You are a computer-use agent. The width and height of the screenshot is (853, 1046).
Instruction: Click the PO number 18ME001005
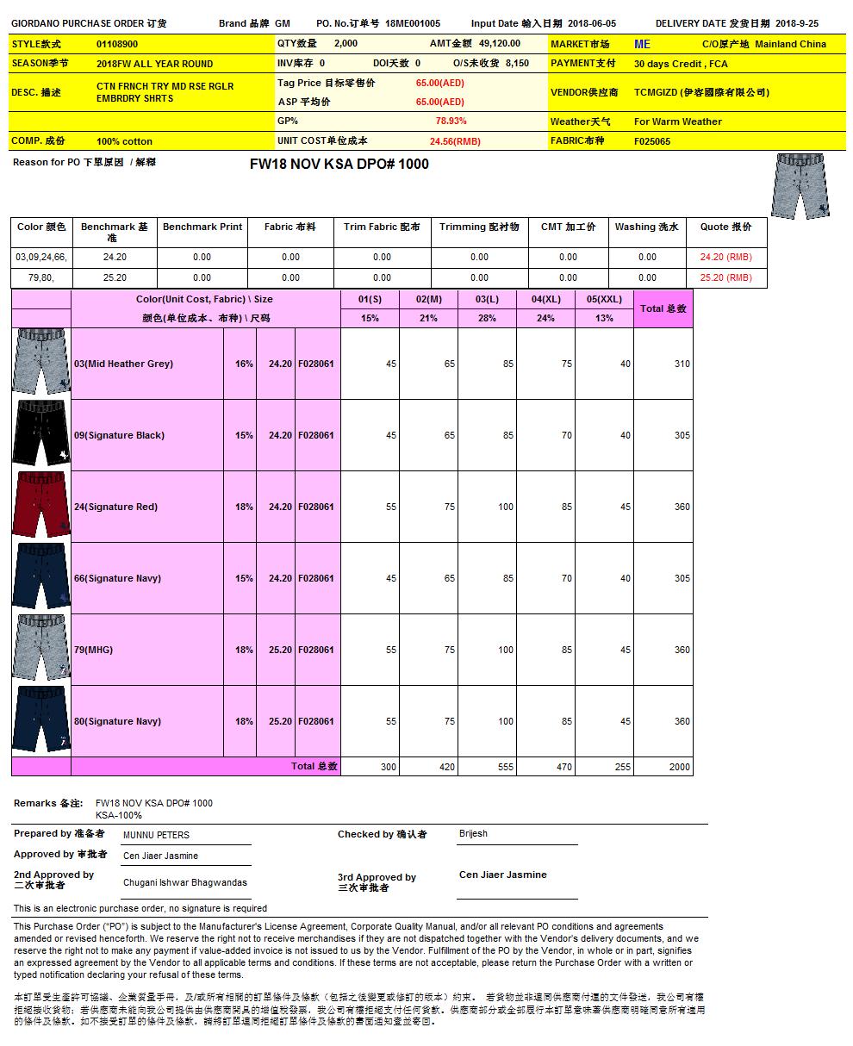click(x=413, y=24)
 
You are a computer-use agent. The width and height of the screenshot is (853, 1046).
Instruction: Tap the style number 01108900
click(x=117, y=44)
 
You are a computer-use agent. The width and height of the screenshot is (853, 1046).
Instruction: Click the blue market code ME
click(x=642, y=44)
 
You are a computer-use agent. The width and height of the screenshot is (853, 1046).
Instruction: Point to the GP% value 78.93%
click(x=451, y=121)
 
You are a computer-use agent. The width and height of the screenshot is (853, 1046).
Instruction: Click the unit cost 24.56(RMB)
click(x=455, y=141)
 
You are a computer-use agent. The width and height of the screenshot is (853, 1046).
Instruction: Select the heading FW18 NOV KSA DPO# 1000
click(x=339, y=164)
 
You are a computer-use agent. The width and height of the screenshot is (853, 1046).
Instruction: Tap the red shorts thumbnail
click(x=40, y=506)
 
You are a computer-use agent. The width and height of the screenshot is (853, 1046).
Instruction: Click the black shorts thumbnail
click(x=40, y=434)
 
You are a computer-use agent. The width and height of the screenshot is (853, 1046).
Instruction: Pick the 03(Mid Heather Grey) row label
click(x=123, y=364)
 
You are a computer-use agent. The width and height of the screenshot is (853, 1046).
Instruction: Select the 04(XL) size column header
click(x=545, y=299)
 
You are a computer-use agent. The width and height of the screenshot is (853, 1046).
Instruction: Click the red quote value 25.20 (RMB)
click(x=725, y=277)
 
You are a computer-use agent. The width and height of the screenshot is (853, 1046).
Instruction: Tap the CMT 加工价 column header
click(x=568, y=227)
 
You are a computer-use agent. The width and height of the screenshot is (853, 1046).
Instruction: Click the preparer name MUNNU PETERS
click(x=156, y=835)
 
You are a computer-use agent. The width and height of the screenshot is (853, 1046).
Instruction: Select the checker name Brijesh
click(x=473, y=834)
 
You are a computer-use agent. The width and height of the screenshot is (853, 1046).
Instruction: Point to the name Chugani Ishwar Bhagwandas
click(x=184, y=882)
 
